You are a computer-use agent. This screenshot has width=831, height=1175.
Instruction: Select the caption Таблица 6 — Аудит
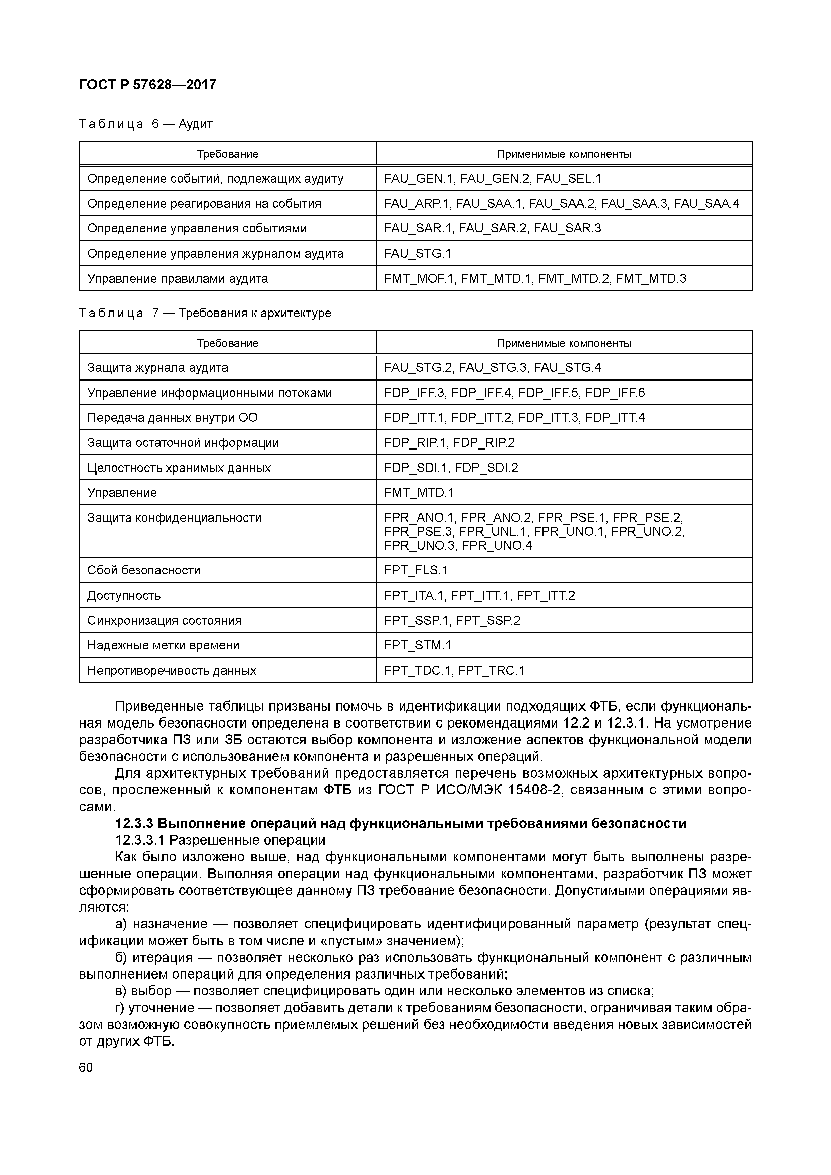click(146, 124)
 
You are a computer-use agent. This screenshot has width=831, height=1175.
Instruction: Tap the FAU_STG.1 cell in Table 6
click(418, 253)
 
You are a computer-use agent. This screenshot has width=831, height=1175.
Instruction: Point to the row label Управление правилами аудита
click(178, 278)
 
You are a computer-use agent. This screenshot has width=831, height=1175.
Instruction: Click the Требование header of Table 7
click(228, 343)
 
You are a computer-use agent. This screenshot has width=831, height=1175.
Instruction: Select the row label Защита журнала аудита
click(158, 367)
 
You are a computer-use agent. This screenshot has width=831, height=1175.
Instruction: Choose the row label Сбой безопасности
click(144, 570)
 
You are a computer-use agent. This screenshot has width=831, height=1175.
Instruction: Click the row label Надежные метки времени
click(163, 645)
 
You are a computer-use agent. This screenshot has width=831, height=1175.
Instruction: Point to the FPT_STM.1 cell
click(418, 645)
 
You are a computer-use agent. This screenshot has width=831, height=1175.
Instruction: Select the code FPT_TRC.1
click(492, 671)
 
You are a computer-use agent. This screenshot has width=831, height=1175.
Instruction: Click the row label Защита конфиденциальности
click(174, 518)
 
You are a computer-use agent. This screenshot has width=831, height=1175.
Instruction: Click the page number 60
click(86, 1067)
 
